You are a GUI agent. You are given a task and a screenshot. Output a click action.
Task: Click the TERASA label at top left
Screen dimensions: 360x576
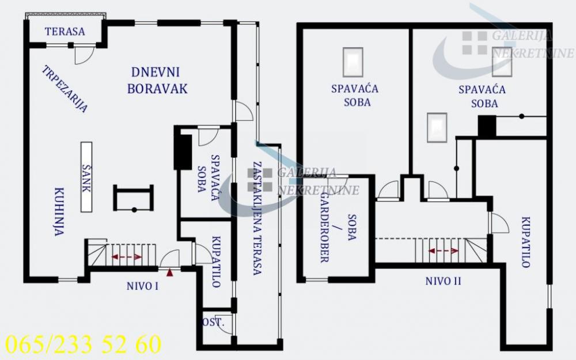(65, 32)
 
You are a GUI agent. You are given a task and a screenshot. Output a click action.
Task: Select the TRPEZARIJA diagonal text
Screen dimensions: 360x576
(65, 89)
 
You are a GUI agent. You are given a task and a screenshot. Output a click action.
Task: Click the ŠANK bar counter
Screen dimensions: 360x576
(88, 178)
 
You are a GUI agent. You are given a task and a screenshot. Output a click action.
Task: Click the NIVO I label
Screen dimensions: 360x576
(142, 285)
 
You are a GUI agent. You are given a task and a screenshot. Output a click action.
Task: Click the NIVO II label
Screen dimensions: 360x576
(443, 281)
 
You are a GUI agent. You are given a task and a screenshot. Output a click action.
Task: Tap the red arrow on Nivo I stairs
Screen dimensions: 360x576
(126, 257)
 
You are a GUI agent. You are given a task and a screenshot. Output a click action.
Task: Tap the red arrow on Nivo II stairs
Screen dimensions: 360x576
(443, 251)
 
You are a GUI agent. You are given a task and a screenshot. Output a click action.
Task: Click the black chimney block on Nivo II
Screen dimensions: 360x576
(487, 126)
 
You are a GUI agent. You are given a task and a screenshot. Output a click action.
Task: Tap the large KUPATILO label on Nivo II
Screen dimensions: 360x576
(525, 242)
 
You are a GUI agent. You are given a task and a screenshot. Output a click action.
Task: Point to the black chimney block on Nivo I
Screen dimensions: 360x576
(183, 151)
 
